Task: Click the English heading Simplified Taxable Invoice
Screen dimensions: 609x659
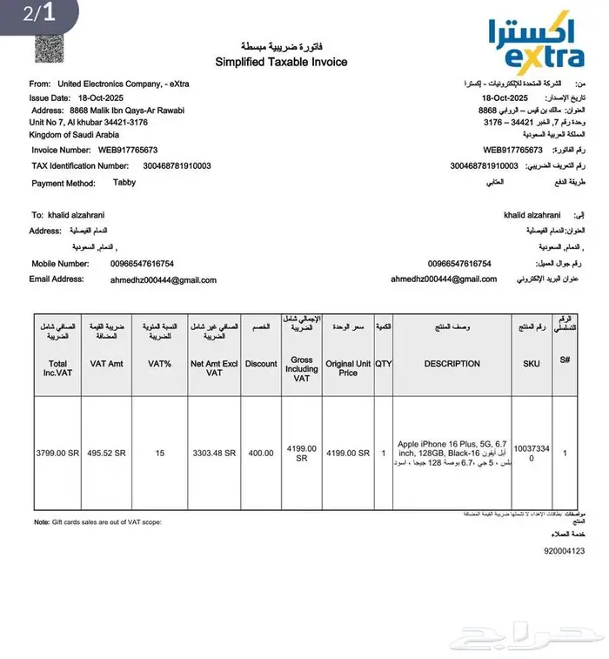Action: tap(281, 62)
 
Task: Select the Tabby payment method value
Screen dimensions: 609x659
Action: tap(124, 183)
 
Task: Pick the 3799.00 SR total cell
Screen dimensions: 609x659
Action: tap(57, 453)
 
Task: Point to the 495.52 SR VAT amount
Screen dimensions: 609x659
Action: tap(107, 453)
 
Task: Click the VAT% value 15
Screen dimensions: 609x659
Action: tap(159, 453)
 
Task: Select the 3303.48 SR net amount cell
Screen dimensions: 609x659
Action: tap(213, 453)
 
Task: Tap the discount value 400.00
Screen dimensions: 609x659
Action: tap(260, 453)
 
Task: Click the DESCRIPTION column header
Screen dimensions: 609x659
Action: tap(452, 364)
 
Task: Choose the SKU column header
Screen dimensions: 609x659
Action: tap(532, 364)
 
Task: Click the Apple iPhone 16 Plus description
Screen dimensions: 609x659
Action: tap(452, 448)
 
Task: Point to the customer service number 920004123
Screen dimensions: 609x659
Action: tap(564, 551)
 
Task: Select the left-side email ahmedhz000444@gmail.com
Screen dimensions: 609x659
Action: tap(163, 280)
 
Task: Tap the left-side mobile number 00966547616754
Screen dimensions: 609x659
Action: tap(142, 264)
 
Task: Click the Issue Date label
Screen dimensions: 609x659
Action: tap(50, 98)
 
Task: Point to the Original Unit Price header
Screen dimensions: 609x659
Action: tap(348, 367)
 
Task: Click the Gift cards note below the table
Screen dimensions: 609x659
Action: tap(97, 521)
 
